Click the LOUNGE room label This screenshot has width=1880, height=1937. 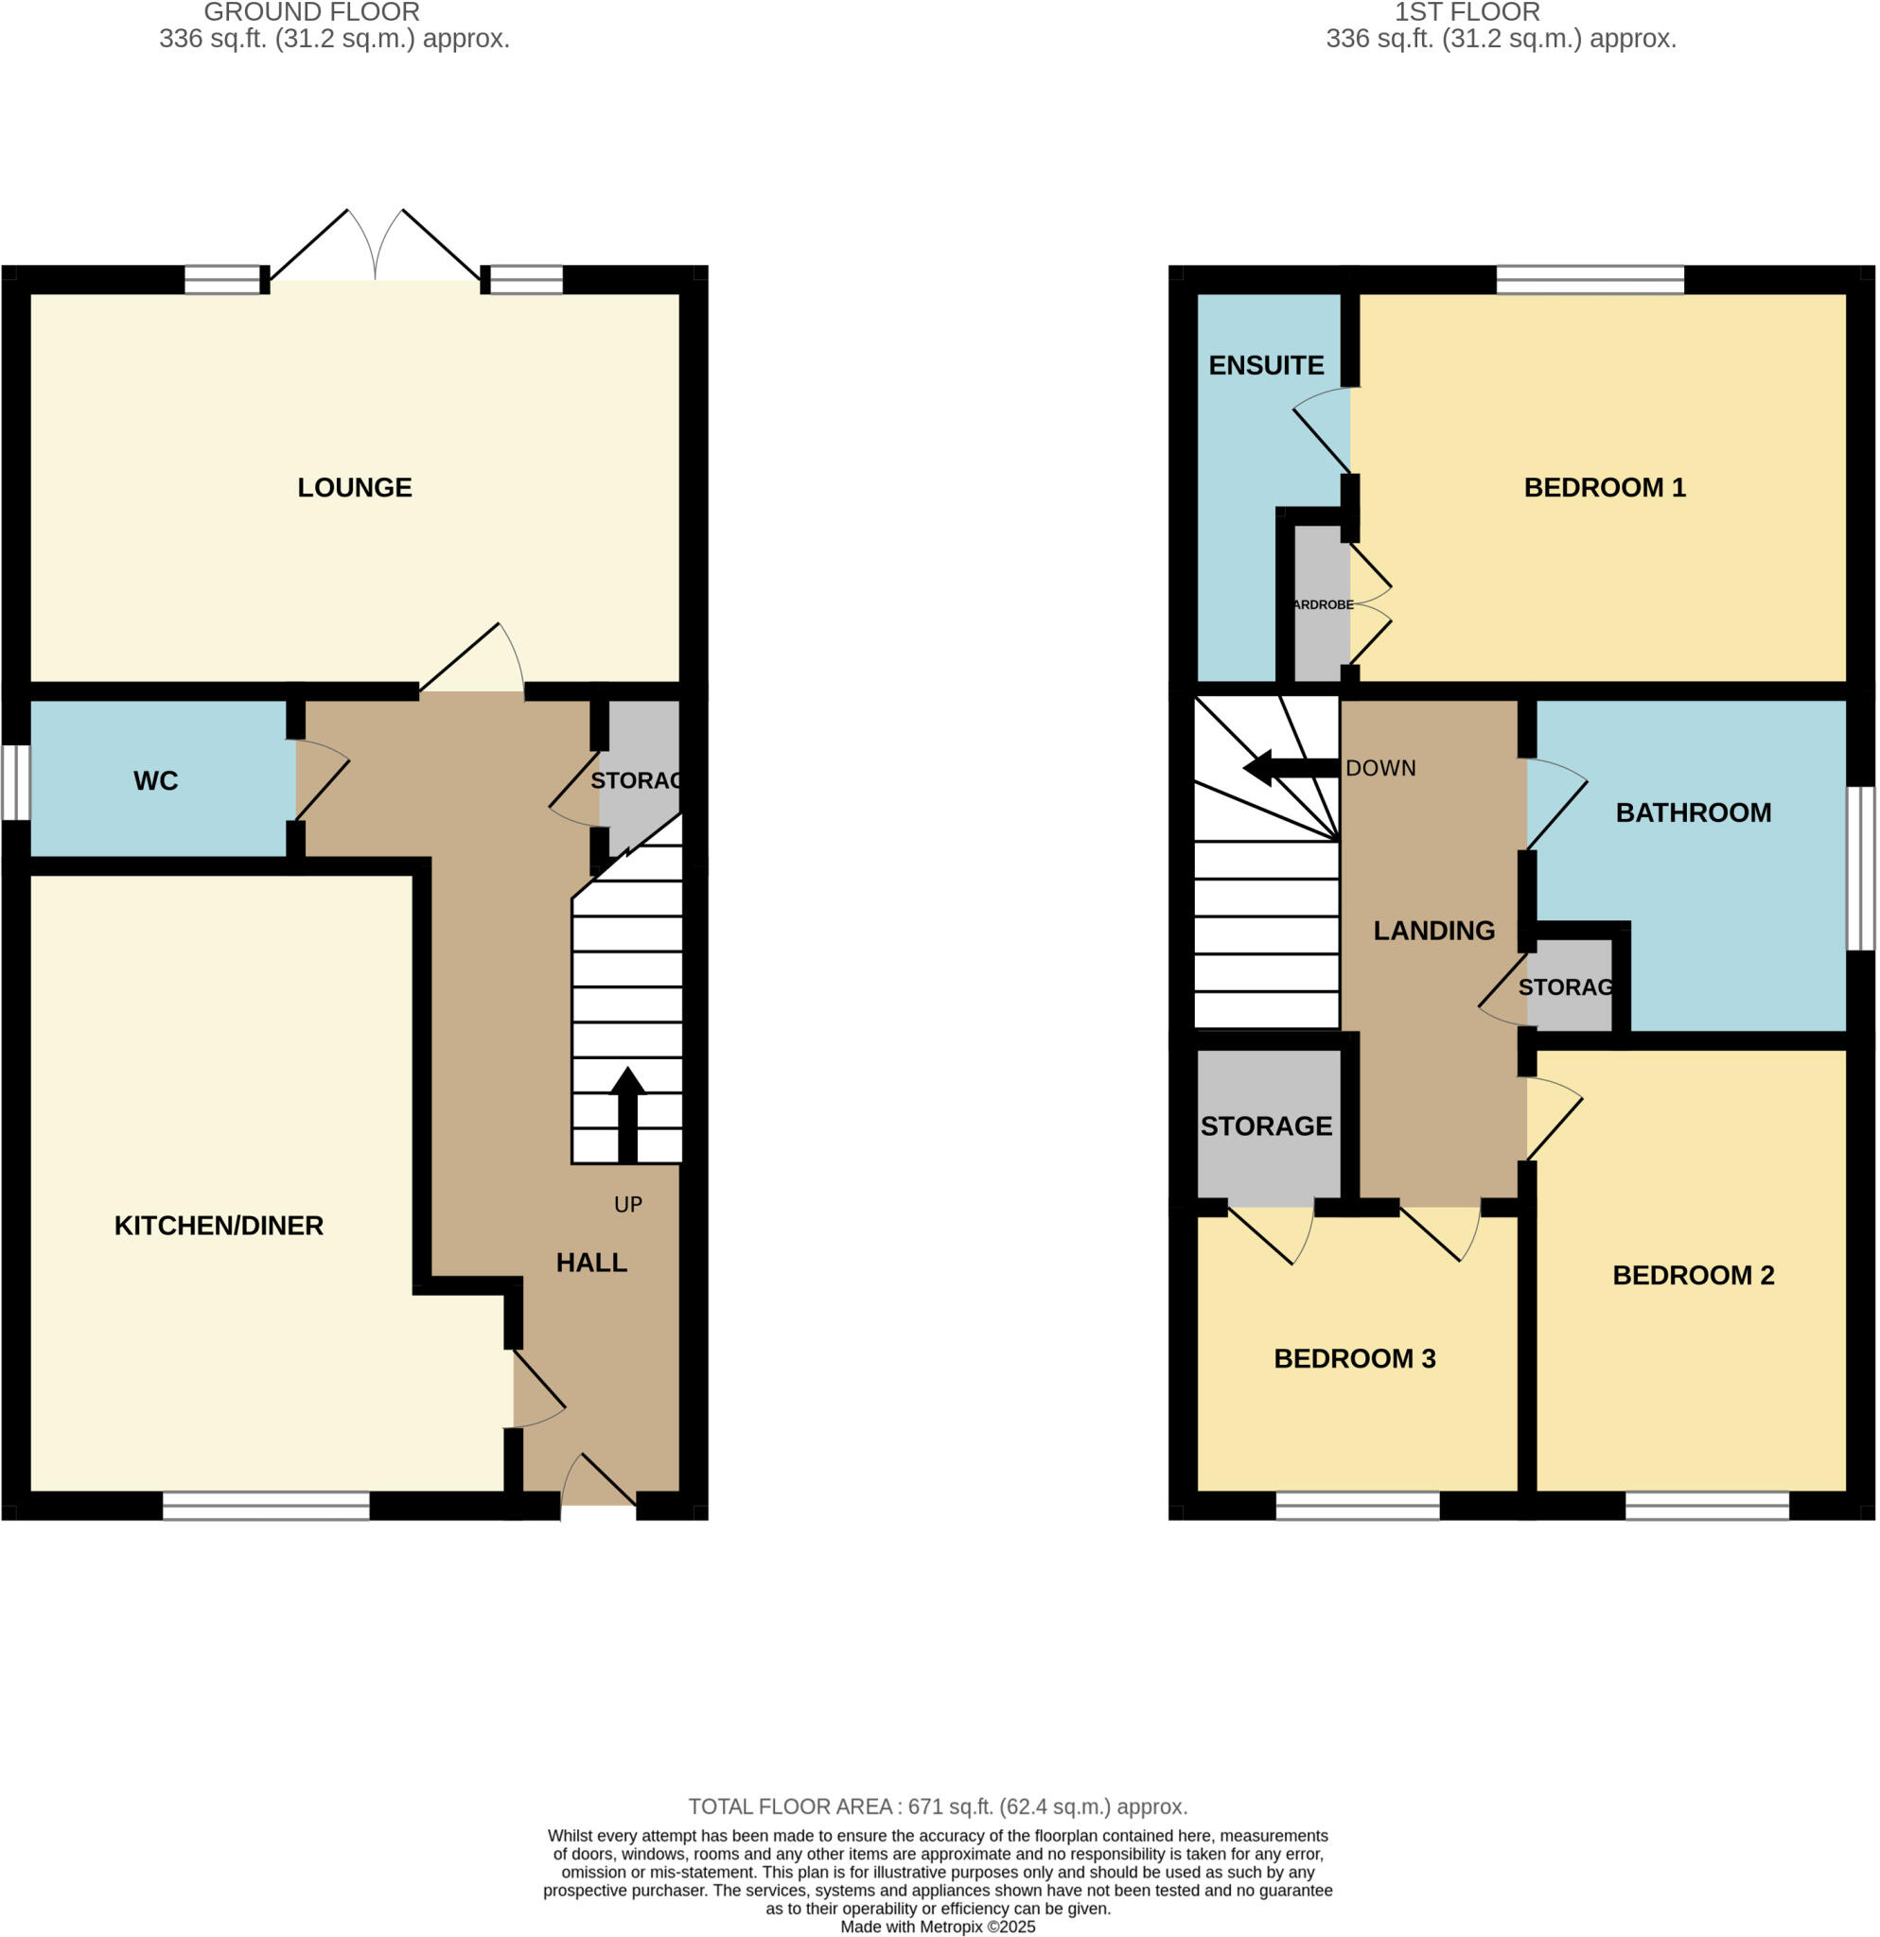click(x=355, y=487)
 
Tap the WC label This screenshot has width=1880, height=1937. click(x=155, y=780)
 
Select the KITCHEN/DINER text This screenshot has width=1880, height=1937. click(x=219, y=1226)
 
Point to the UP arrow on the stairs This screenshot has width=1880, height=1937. click(x=627, y=1113)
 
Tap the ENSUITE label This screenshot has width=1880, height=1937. click(x=1266, y=366)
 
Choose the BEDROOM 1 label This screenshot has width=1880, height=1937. click(x=1605, y=487)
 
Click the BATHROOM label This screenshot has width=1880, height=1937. click(x=1694, y=812)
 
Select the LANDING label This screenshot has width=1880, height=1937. click(x=1434, y=930)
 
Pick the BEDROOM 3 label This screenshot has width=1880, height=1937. click(x=1354, y=1358)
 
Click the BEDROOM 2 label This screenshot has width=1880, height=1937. click(x=1694, y=1275)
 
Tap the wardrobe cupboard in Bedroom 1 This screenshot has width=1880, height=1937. click(x=1322, y=604)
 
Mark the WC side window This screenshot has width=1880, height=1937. click(x=15, y=782)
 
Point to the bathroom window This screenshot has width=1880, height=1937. click(x=1860, y=867)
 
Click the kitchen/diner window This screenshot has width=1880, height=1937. click(x=266, y=1505)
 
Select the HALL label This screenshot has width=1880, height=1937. click(x=591, y=1262)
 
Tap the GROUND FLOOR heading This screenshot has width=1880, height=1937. click(x=312, y=13)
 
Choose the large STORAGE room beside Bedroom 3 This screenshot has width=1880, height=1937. click(x=1268, y=1126)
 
